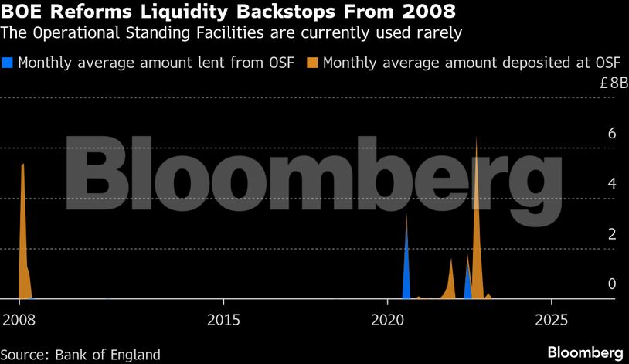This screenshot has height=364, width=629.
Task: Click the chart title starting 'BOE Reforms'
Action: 228,12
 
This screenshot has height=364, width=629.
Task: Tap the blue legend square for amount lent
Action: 8,63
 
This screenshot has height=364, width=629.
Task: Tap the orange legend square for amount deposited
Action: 314,63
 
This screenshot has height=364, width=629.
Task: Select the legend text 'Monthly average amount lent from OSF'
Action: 155,63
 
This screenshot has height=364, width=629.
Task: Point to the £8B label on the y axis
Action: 614,83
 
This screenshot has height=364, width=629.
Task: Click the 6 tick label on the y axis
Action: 611,134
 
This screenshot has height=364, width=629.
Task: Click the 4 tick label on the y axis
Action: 611,184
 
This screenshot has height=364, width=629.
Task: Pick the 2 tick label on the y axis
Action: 611,234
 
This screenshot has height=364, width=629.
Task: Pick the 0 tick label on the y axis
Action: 611,284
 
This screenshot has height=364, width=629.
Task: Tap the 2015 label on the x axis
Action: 223,319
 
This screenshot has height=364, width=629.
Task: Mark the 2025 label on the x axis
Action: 551,319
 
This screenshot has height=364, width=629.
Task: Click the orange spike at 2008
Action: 23,232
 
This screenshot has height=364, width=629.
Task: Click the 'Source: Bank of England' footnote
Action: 81,355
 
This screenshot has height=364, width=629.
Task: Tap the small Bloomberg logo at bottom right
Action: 585,352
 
